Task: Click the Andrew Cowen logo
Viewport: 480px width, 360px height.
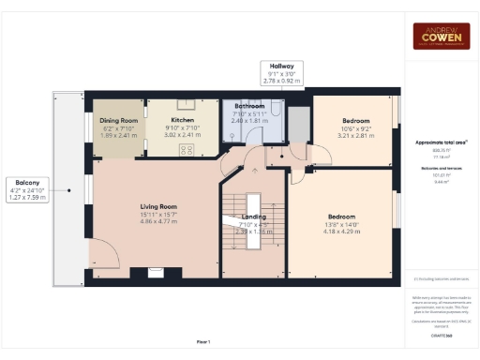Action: [442, 36]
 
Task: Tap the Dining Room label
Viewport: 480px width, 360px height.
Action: [118, 121]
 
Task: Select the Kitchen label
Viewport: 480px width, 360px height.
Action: [182, 121]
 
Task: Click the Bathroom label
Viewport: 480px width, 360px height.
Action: [250, 107]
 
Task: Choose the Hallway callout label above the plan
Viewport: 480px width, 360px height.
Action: [282, 67]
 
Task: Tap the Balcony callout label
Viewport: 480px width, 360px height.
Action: [26, 182]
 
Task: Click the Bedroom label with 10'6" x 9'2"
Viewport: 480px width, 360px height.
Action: [355, 121]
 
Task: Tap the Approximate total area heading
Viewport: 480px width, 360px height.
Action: [442, 142]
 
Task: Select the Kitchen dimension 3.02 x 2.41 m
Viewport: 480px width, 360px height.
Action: [182, 135]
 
